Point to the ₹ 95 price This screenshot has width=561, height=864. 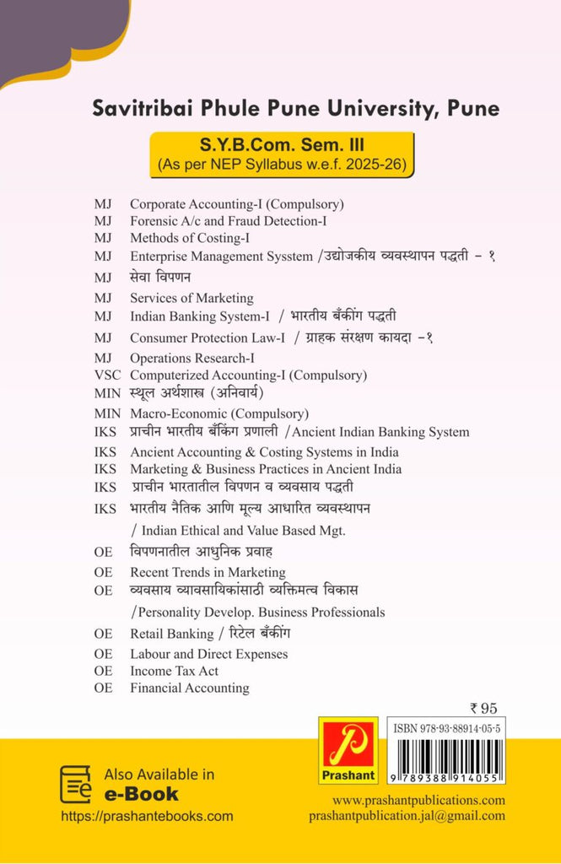click(x=487, y=708)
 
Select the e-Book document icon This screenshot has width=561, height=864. click(x=75, y=784)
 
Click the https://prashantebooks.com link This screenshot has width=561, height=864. click(x=148, y=817)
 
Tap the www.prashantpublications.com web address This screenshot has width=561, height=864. click(x=418, y=800)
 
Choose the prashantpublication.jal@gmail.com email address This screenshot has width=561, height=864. click(x=407, y=816)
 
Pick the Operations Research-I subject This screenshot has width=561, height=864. click(x=192, y=358)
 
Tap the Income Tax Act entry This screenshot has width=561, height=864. click(x=174, y=671)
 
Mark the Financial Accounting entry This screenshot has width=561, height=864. click(x=190, y=688)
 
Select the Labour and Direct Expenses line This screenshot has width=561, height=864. click(x=208, y=654)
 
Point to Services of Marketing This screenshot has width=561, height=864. click(x=191, y=298)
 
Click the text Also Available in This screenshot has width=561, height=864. click(x=159, y=775)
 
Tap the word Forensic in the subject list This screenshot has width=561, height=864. click(x=154, y=221)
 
